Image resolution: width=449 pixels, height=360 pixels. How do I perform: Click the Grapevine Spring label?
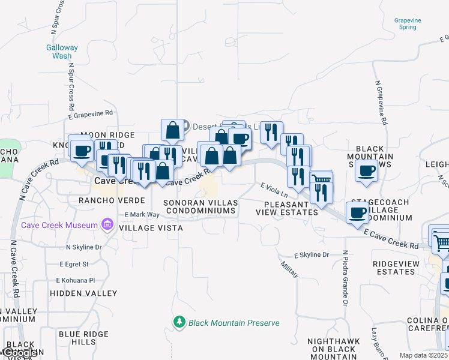click(408, 23)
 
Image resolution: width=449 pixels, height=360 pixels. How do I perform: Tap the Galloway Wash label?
click(62, 52)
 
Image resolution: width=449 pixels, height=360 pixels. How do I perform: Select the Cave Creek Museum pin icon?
click(107, 225)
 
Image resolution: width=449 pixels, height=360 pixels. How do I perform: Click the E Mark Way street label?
click(142, 214)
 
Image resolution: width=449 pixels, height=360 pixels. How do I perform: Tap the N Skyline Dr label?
click(84, 247)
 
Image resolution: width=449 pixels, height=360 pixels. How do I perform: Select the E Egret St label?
click(74, 263)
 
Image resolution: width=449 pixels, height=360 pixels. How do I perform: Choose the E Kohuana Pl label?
click(76, 280)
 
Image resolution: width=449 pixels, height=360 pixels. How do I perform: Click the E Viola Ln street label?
click(274, 190)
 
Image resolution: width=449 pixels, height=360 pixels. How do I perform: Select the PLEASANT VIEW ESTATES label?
click(287, 208)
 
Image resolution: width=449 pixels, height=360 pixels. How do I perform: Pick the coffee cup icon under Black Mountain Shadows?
click(366, 171)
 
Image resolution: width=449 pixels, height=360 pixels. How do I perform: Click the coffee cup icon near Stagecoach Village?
click(358, 212)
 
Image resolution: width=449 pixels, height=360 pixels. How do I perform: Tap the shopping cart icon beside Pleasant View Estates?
click(321, 179)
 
